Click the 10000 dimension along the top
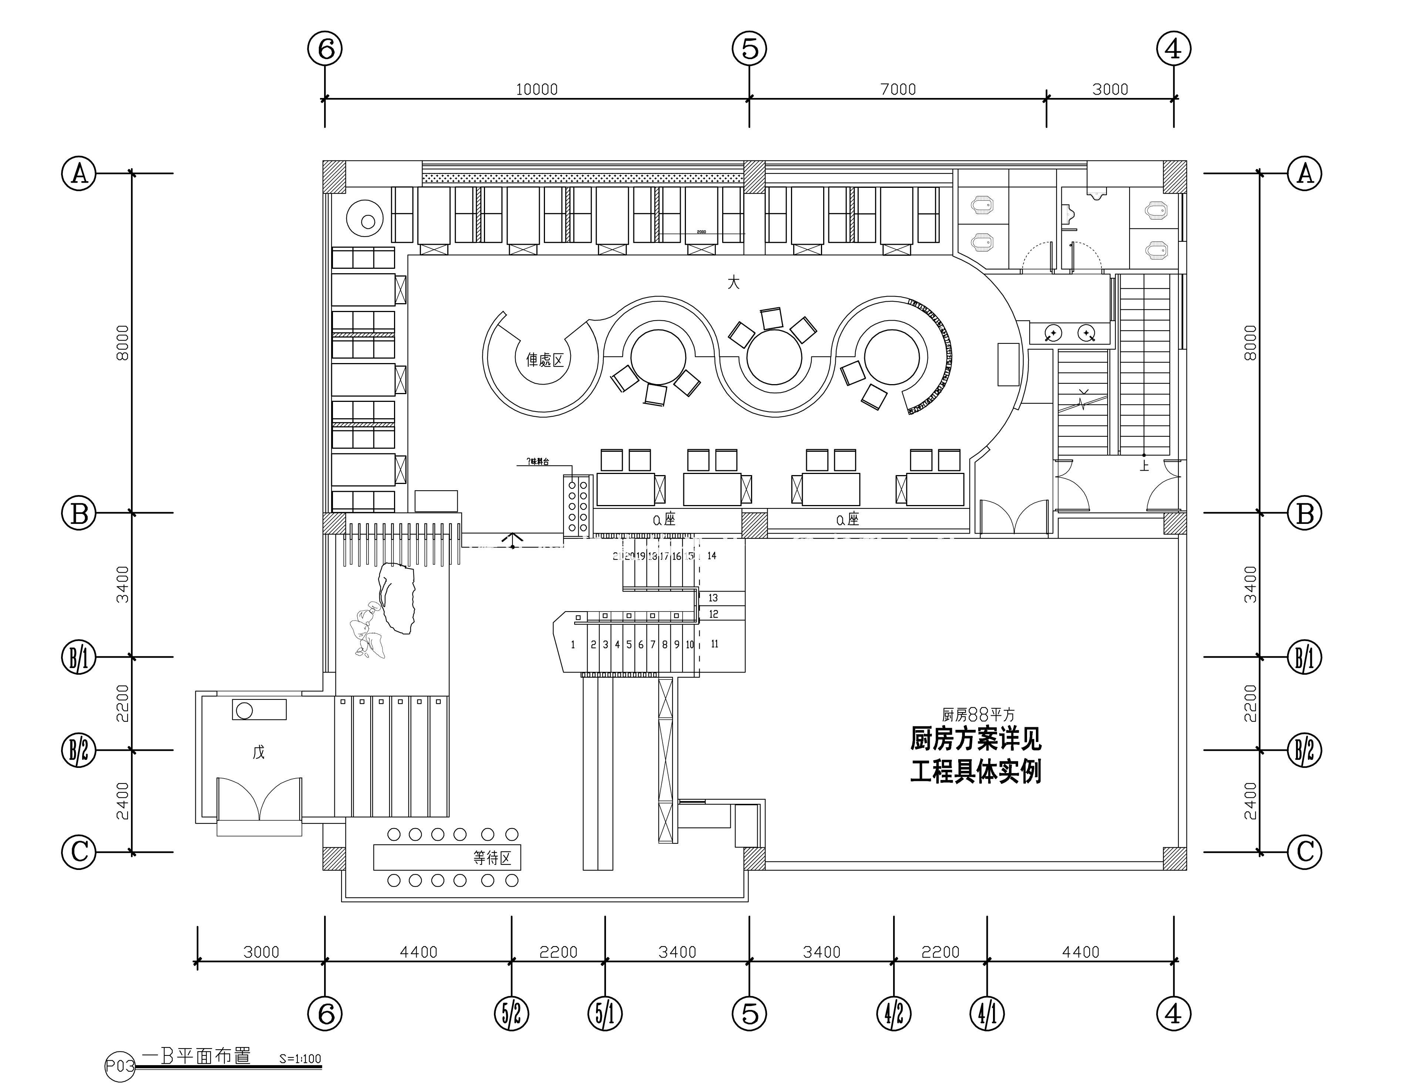pyautogui.click(x=536, y=89)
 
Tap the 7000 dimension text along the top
pyautogui.click(x=898, y=89)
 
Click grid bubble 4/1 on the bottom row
pyautogui.click(x=987, y=1014)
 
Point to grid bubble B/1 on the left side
pyautogui.click(x=79, y=657)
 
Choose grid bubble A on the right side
pyautogui.click(x=1305, y=173)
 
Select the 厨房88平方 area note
pyautogui.click(x=978, y=714)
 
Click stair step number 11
pyautogui.click(x=714, y=644)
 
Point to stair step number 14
pyautogui.click(x=711, y=556)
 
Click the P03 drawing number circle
pyautogui.click(x=120, y=1067)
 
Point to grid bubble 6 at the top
pyautogui.click(x=325, y=48)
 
